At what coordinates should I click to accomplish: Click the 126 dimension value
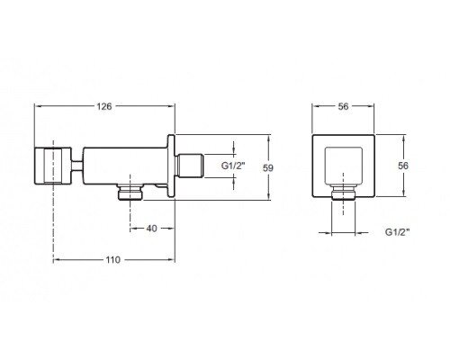[103, 106]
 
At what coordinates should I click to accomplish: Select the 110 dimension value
[112, 260]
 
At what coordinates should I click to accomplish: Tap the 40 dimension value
[151, 229]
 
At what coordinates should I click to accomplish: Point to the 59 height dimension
[268, 167]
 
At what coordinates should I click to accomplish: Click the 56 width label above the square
[343, 106]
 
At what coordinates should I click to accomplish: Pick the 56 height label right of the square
[403, 166]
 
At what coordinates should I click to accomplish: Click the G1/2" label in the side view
[233, 166]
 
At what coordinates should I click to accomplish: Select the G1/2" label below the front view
[397, 232]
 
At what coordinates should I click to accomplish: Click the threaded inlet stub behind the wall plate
[190, 166]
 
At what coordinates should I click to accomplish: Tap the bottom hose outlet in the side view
[130, 192]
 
